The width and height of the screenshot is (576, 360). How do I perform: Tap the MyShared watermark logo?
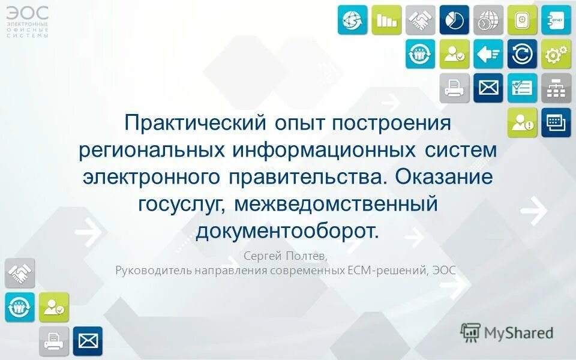tap(507, 332)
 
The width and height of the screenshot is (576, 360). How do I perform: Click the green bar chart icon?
tap(386, 20)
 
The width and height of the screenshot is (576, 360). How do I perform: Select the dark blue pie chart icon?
tap(454, 20)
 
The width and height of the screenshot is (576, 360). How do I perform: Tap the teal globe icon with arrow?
tap(352, 20)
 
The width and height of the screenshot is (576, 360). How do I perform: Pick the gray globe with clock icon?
tap(488, 20)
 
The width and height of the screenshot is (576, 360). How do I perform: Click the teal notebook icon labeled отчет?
tap(556, 20)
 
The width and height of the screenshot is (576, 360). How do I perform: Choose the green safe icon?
tap(522, 20)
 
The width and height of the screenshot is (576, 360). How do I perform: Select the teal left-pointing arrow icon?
tap(488, 54)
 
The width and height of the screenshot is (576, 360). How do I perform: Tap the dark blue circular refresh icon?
tap(522, 54)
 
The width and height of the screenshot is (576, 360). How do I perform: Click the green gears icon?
tap(556, 54)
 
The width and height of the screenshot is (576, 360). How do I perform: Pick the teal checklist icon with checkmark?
tap(522, 88)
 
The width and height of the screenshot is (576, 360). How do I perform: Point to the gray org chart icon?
tap(556, 88)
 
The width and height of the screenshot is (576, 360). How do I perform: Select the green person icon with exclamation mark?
tap(522, 122)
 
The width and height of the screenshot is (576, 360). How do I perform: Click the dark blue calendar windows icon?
tap(556, 122)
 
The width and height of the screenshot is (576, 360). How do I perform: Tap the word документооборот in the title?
tap(287, 230)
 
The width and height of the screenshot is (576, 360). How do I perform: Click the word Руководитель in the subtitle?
tap(152, 270)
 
